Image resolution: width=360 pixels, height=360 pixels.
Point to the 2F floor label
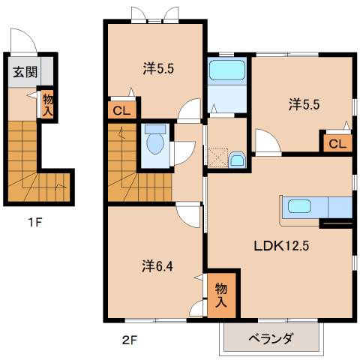(130, 339)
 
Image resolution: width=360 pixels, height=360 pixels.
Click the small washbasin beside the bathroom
(236, 160)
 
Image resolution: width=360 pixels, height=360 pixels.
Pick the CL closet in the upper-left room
(121, 110)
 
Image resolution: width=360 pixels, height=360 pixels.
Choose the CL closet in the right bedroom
(337, 143)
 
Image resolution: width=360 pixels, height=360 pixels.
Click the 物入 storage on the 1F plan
(46, 103)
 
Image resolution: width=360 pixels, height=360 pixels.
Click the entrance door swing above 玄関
(22, 40)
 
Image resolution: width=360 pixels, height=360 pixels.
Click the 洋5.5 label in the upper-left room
(159, 69)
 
